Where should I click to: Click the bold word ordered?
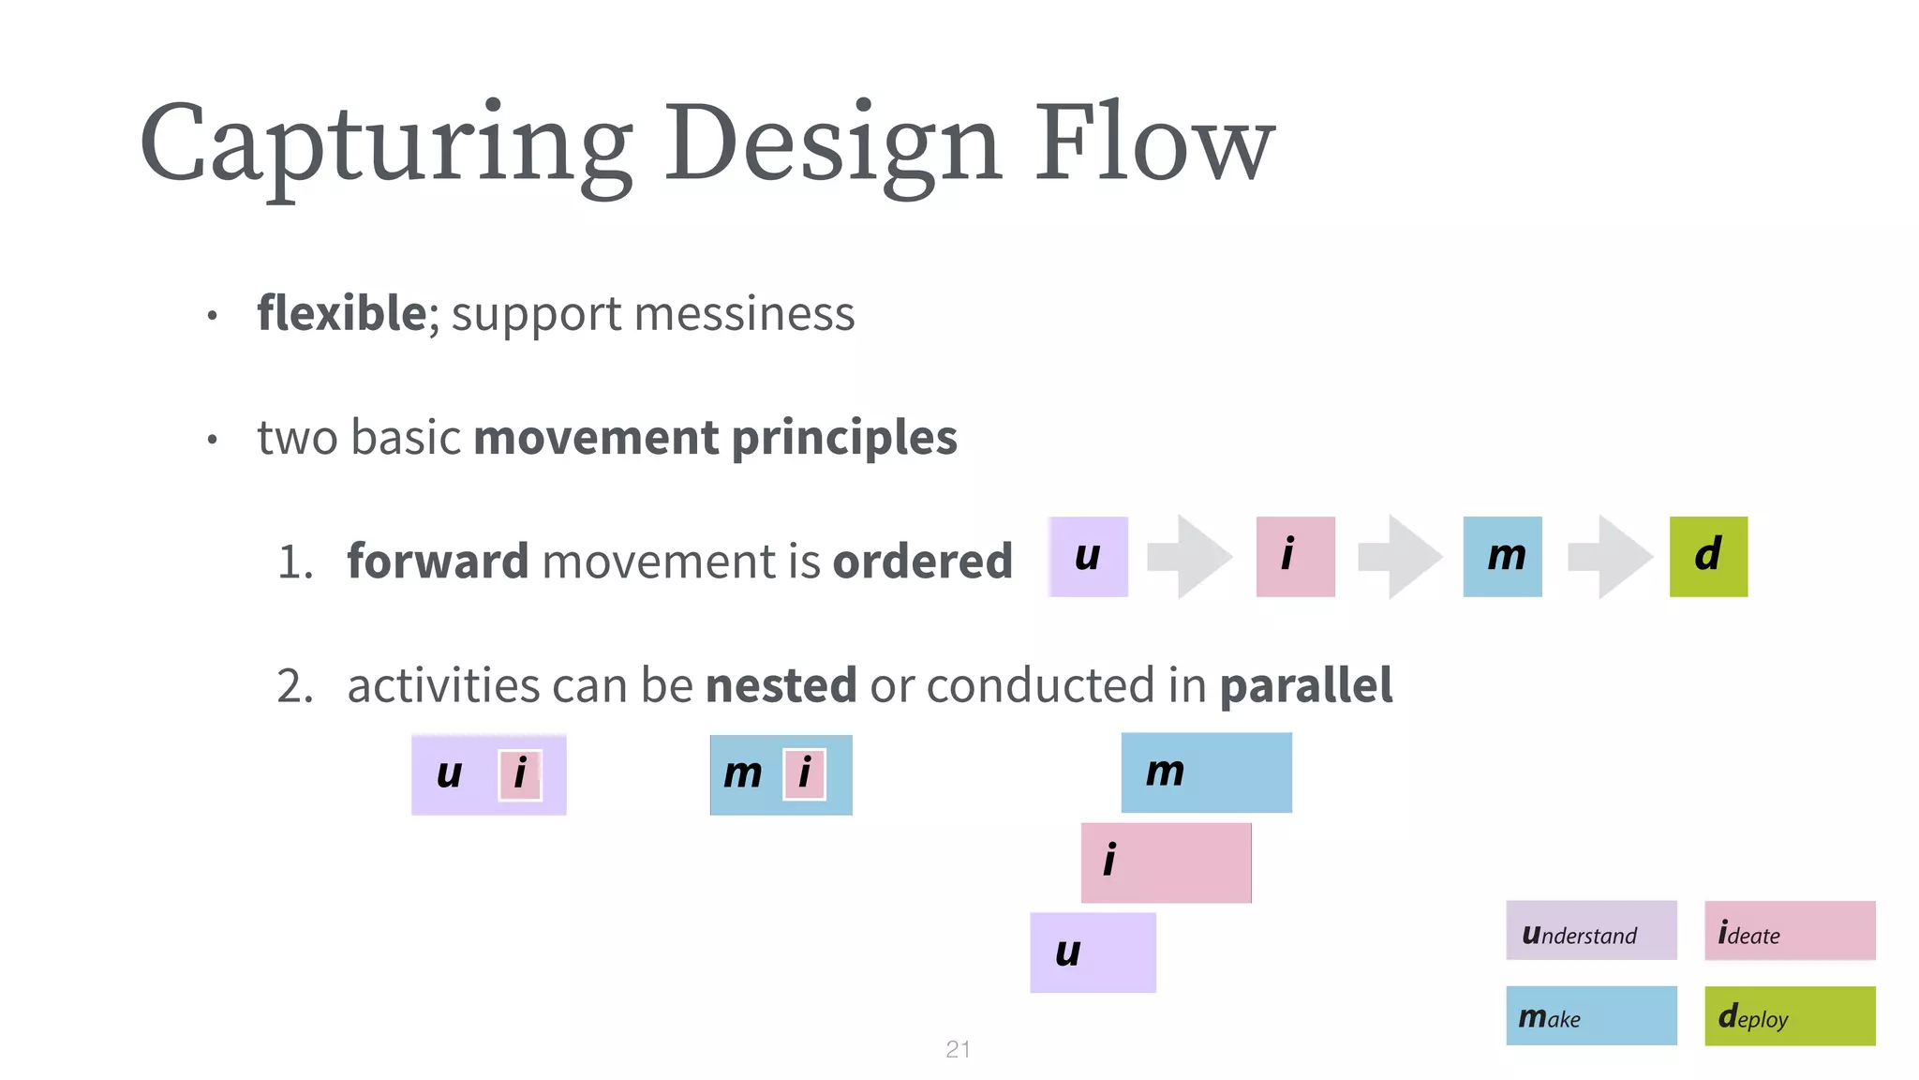pyautogui.click(x=922, y=561)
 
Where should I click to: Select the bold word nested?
pyautogui.click(x=781, y=684)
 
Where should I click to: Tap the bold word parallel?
pyautogui.click(x=1305, y=684)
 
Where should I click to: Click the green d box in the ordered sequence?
pyautogui.click(x=1707, y=556)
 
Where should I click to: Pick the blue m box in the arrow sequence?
pyautogui.click(x=1501, y=556)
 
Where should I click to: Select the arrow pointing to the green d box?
pyautogui.click(x=1610, y=556)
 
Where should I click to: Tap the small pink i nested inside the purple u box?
pyautogui.click(x=520, y=774)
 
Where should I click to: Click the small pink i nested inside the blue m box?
pyautogui.click(x=804, y=774)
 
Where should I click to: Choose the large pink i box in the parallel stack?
pyautogui.click(x=1166, y=862)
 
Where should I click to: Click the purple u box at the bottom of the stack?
pyautogui.click(x=1093, y=952)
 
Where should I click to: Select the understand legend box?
pyautogui.click(x=1590, y=930)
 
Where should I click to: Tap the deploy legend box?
pyautogui.click(x=1789, y=1015)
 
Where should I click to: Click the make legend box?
pyautogui.click(x=1590, y=1015)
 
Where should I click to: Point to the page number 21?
pyautogui.click(x=958, y=1049)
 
